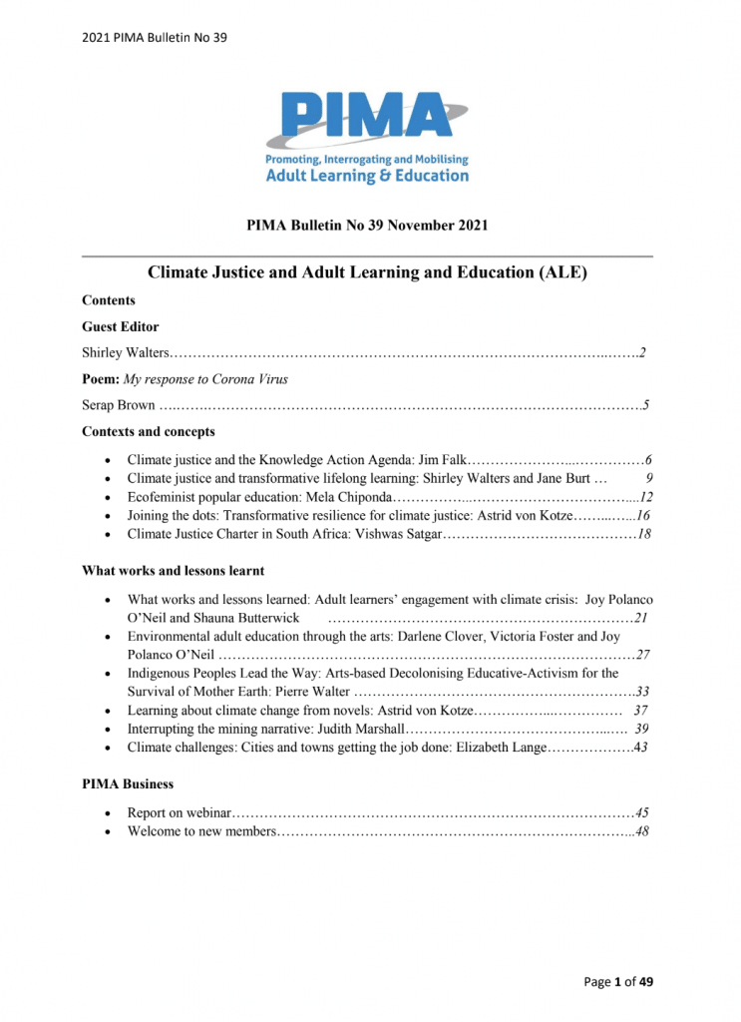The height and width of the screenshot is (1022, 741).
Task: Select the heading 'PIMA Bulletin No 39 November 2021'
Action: click(367, 226)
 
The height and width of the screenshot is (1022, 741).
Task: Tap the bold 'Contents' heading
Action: click(109, 300)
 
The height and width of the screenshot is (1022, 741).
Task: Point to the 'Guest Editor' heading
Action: click(120, 326)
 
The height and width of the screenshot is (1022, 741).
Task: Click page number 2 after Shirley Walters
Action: click(644, 352)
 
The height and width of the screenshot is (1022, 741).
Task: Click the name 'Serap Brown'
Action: click(118, 405)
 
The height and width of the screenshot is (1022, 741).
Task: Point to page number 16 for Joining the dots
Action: click(643, 515)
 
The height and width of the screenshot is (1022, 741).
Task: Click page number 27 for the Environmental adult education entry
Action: click(643, 656)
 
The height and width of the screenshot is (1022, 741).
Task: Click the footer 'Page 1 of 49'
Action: click(618, 982)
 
